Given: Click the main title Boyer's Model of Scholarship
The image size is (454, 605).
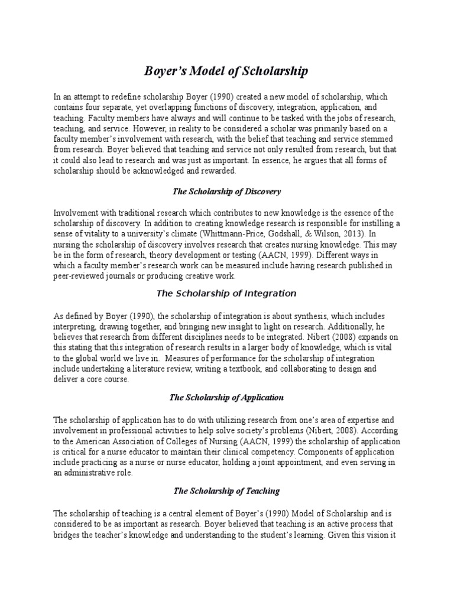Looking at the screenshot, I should (x=226, y=71).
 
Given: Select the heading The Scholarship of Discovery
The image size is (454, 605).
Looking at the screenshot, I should (x=226, y=191).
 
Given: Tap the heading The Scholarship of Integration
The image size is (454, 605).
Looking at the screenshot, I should (x=226, y=293).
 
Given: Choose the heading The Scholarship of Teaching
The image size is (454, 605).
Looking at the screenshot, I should (x=226, y=490).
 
